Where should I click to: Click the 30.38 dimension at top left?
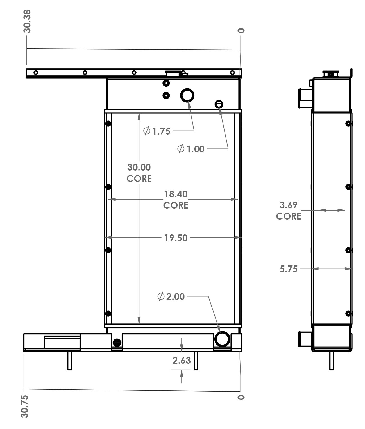coord(27,21)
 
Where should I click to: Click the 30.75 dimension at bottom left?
coord(25,406)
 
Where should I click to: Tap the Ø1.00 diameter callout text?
coord(191,149)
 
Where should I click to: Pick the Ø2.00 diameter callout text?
coord(171,296)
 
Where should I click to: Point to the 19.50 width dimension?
coord(176,238)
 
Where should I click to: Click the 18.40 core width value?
coord(176,194)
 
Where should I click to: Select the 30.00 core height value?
coord(139,167)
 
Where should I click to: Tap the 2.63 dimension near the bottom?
coord(182,361)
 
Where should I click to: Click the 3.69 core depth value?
coord(288,205)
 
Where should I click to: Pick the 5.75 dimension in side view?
coord(288,269)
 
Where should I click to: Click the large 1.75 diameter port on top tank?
coord(187,95)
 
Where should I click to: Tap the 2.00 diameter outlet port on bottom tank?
coord(222,339)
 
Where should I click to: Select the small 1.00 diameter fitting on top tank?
coord(219,104)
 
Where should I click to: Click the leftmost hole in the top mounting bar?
coord(36,73)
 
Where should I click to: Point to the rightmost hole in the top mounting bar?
coord(232,73)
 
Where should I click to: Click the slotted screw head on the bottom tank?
coord(117,343)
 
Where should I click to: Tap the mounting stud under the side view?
coord(332,361)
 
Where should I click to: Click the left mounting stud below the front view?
coord(69,361)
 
